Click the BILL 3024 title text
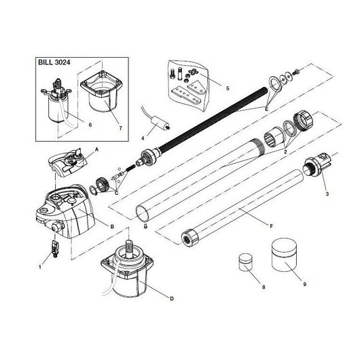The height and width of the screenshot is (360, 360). coord(54,62)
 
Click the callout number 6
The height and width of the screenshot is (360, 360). coord(90,125)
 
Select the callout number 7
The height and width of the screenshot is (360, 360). coord(121,128)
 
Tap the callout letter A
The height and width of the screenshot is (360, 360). coord(96,149)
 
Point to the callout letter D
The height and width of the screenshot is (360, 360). coord(172,299)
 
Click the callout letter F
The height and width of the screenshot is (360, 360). coord(272,226)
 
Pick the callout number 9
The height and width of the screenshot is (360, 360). coord(305,284)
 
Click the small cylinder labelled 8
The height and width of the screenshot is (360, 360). coord(245,262)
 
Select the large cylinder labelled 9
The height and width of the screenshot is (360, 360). coord(284,255)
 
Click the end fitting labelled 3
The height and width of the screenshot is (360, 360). coord(317,165)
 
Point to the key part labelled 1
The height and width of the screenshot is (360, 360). coord(55,249)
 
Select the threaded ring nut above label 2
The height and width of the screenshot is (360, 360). coord(303,121)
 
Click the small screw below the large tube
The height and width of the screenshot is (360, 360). coord(145,226)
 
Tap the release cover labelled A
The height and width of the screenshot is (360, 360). coord(68,162)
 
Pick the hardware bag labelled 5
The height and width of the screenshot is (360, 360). coord(189,86)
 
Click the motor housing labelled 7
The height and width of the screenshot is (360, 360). coord(100,92)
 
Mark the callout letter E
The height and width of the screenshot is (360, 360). coord(266,109)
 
